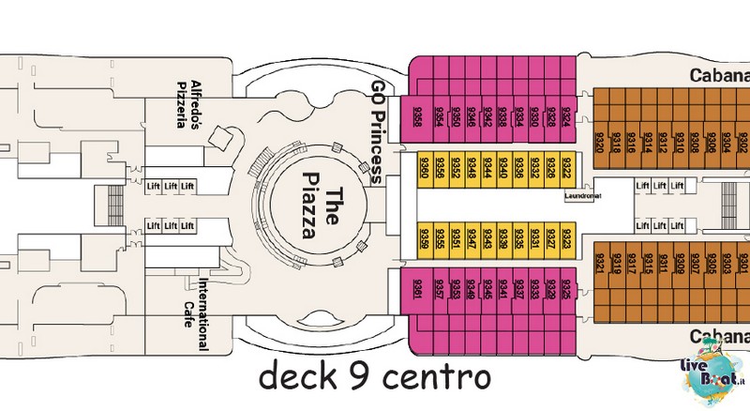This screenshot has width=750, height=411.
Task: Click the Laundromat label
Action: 582,196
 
